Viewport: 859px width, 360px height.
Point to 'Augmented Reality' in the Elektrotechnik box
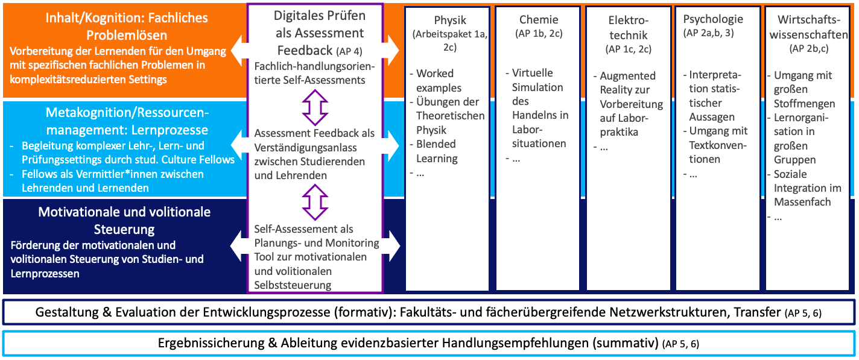click(x=627, y=83)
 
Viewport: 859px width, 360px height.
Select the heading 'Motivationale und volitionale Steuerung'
click(x=124, y=220)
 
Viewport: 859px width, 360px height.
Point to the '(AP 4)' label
click(x=366, y=51)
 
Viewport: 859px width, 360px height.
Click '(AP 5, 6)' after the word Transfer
click(x=802, y=312)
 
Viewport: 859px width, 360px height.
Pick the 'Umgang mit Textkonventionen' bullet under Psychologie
click(x=718, y=145)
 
